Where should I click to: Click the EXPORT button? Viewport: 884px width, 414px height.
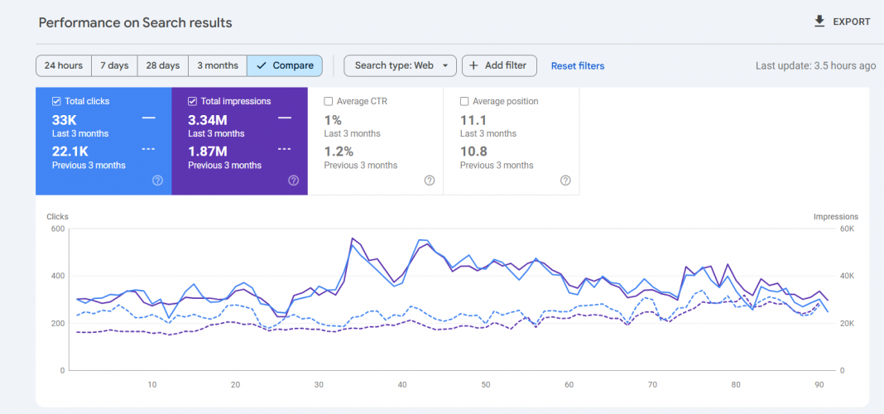[842, 22]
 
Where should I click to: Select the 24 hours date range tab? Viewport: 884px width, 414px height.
[64, 65]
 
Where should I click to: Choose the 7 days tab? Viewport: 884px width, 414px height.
[114, 65]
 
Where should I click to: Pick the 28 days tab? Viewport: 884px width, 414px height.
[163, 65]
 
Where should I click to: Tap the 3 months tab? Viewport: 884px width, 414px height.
[218, 65]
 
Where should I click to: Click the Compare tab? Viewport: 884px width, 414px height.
[285, 65]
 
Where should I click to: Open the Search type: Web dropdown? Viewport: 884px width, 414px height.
[400, 65]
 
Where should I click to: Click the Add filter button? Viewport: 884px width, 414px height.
[499, 65]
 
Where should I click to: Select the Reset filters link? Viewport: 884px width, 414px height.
[578, 66]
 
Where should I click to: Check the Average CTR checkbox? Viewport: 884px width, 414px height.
[329, 102]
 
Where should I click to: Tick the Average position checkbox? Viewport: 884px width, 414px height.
[464, 102]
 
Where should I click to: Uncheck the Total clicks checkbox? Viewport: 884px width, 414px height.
[56, 102]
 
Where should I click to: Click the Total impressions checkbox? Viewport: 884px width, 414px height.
[192, 102]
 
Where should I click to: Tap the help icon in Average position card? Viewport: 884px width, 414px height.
[565, 181]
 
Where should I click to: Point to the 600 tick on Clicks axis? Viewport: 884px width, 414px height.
[57, 229]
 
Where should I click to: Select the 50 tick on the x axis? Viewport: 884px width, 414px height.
[486, 385]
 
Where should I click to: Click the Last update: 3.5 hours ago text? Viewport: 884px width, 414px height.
[815, 66]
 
